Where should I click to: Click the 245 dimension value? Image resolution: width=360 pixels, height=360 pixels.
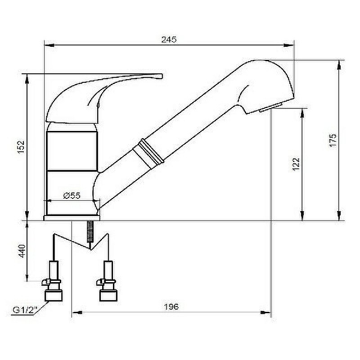169,40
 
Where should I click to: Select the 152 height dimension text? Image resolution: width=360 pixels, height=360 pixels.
21,148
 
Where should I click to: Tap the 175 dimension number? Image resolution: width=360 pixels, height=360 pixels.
333,140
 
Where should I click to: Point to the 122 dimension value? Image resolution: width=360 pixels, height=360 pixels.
296,164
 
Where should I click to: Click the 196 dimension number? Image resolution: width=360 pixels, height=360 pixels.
171,307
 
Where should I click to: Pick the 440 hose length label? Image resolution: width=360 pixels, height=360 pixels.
22,251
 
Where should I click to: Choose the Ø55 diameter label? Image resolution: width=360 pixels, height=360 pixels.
72,196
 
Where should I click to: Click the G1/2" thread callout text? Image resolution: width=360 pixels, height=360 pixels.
23,310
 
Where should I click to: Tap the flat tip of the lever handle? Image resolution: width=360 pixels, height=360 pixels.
162,76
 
